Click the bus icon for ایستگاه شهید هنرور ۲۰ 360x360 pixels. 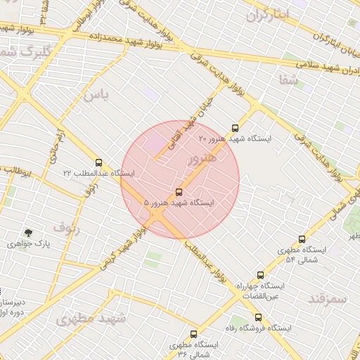coord(235,128)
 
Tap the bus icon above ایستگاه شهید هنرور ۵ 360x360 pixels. coord(179,192)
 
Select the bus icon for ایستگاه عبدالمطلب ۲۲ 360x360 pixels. coord(98,162)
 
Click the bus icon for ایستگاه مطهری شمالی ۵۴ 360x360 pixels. coord(302,240)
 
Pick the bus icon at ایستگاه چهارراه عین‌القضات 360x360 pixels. coord(260,276)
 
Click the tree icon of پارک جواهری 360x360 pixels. coord(28,233)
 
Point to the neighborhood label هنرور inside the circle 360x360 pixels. coord(202,160)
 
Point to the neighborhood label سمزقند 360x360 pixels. coord(328,298)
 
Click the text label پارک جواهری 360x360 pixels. coord(27,244)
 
